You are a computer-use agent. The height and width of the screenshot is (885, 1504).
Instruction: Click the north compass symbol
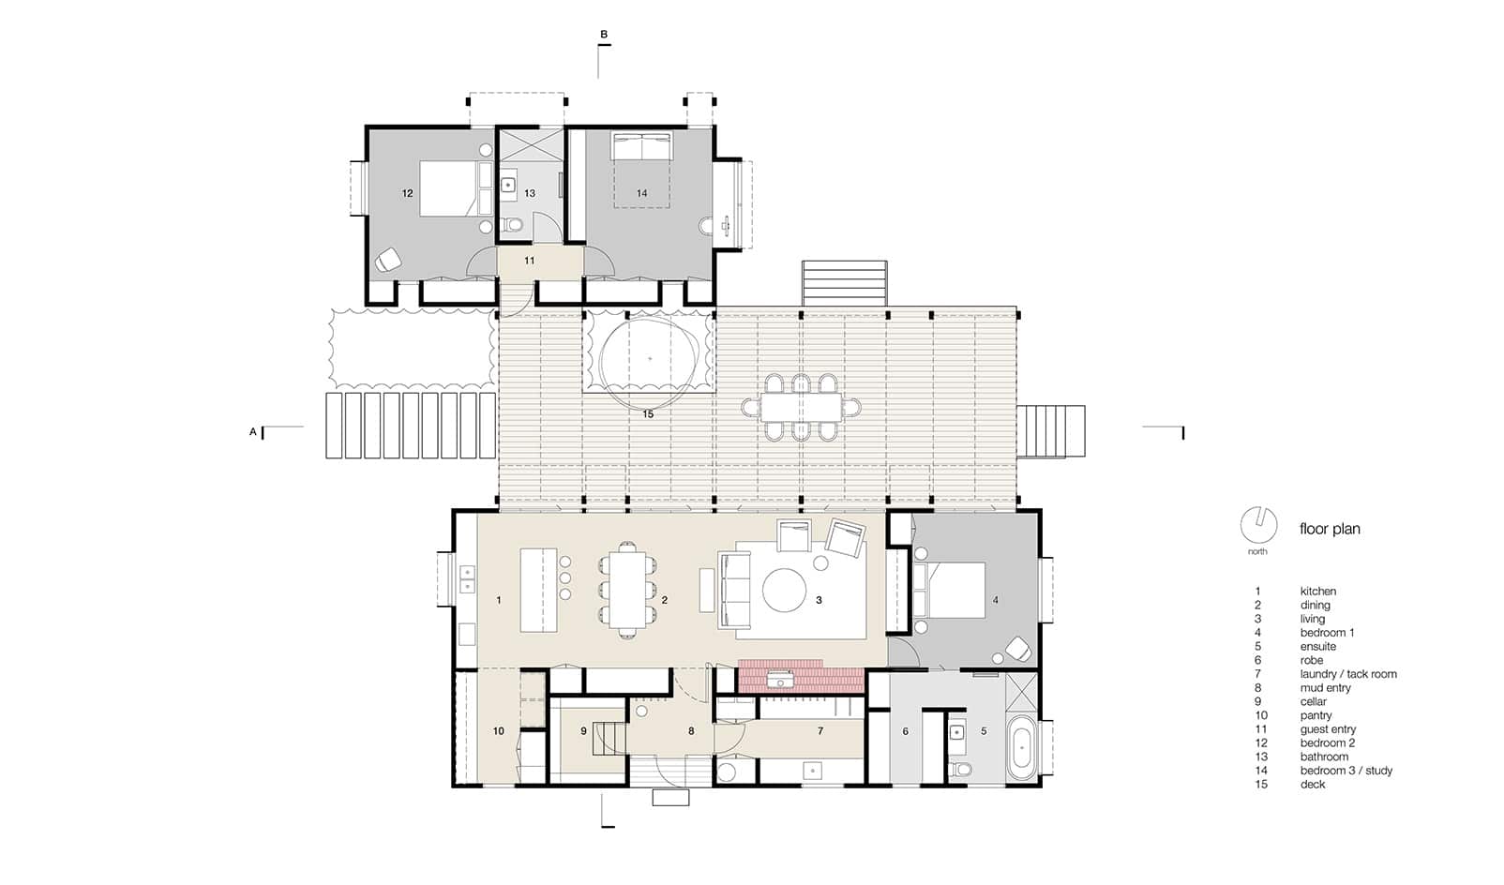(1258, 525)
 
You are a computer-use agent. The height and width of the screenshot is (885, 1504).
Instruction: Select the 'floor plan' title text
(1330, 529)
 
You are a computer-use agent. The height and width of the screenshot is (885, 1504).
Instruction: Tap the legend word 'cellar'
(1314, 701)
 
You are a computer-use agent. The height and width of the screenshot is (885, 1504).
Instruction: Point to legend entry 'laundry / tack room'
(1348, 674)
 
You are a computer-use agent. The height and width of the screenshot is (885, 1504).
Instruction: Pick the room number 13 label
(530, 193)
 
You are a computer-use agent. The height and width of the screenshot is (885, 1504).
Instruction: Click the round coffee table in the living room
(784, 591)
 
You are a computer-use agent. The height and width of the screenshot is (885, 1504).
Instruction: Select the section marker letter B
(604, 35)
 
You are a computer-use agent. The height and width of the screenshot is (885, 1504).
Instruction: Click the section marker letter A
(253, 432)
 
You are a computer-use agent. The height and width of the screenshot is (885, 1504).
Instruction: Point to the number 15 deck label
(648, 414)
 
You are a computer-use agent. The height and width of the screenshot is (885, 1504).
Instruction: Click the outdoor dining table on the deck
(801, 408)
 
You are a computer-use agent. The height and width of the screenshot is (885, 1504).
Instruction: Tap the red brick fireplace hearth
(801, 676)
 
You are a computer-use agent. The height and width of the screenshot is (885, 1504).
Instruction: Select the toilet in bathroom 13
(515, 224)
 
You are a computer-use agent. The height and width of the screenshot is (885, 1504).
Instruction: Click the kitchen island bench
(539, 591)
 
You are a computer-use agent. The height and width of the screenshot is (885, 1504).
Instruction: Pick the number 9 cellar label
(583, 731)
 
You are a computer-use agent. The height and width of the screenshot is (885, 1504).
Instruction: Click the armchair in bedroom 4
(1018, 649)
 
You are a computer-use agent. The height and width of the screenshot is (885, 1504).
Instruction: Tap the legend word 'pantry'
(1316, 716)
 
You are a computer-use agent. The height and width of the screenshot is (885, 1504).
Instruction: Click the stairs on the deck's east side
(1051, 432)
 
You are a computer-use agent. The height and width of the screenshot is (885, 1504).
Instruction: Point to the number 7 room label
(820, 731)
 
